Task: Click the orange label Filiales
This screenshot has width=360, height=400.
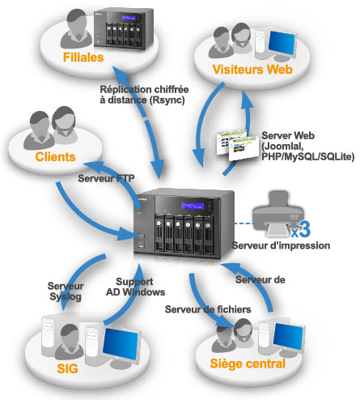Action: coord(83,57)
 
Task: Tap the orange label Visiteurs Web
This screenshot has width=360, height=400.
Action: coord(252,70)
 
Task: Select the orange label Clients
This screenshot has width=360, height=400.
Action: coord(55,157)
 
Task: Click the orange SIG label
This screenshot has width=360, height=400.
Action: coord(67,368)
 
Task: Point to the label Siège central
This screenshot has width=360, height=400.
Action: coord(248,364)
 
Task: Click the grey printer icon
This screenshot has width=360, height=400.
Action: coord(277,214)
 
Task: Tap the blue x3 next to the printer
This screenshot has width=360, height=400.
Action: coord(301,230)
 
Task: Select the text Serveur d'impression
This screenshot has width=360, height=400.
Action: coord(281,245)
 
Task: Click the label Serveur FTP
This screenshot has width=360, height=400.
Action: coord(106,178)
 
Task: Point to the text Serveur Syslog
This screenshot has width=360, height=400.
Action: coord(66,291)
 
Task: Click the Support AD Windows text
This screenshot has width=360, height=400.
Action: coord(135,287)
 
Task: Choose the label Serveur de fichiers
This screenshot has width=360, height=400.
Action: coord(208,309)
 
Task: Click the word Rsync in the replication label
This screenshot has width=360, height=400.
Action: coord(167,100)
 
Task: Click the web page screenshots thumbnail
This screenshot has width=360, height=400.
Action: coord(237,145)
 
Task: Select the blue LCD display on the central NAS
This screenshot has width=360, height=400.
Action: coord(193,206)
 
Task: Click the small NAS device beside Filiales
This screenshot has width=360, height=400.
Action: coord(124,29)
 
